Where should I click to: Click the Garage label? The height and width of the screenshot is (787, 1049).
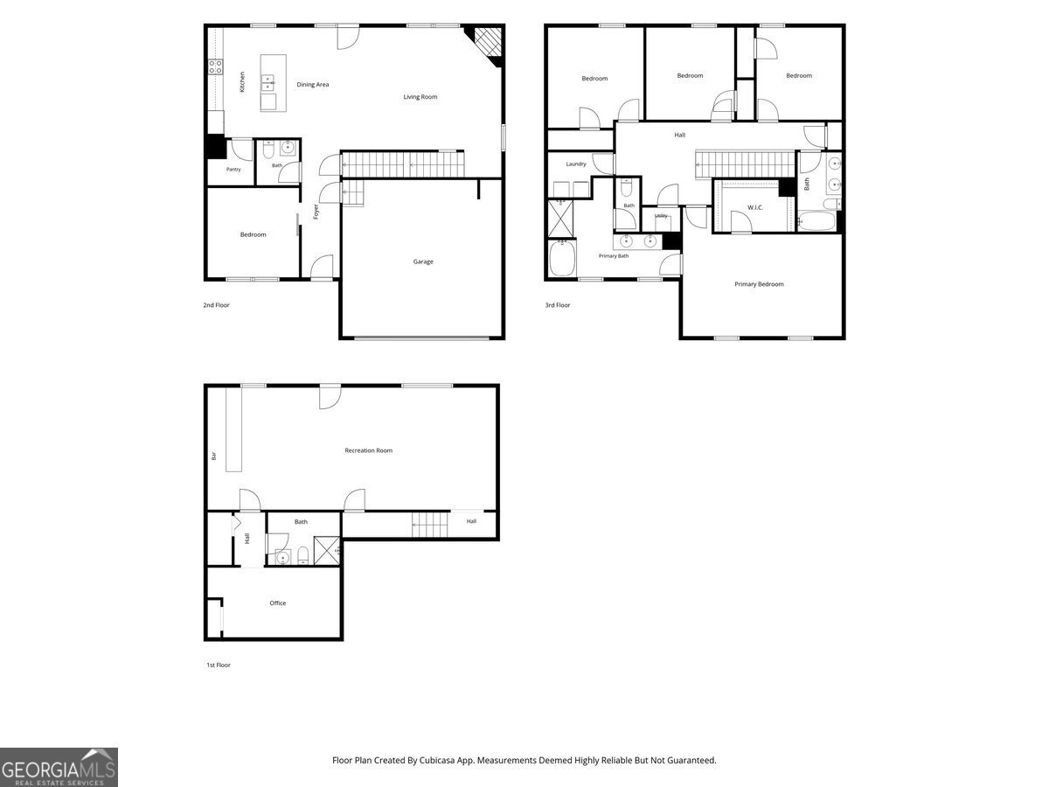pos(423,261)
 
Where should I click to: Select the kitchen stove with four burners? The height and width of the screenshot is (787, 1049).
pos(215,66)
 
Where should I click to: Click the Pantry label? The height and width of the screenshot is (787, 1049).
pos(233,169)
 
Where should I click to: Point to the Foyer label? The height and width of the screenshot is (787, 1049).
pos(316,212)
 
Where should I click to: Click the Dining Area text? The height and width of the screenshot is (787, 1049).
pos(313,85)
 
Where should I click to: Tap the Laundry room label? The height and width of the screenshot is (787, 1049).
pos(576,164)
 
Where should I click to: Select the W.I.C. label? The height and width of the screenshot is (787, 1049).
pos(755,207)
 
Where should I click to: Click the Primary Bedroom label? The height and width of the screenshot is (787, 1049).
pos(759,284)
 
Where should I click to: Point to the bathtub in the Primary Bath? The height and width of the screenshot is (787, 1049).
pos(562,259)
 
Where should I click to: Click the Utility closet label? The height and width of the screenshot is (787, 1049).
pos(661,216)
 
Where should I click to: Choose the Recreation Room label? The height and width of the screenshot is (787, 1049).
pos(369,450)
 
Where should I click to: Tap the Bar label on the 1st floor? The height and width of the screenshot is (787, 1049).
pos(214,456)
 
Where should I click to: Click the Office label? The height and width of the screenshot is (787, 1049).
pos(278,603)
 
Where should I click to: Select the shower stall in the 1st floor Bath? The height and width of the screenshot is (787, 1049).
pos(327,551)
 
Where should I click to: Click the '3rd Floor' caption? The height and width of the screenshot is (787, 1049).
pos(558,305)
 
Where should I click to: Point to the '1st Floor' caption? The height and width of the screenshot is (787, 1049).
pos(219,665)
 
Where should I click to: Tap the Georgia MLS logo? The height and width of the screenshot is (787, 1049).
pos(59,768)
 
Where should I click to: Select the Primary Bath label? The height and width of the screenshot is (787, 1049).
pos(614,256)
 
